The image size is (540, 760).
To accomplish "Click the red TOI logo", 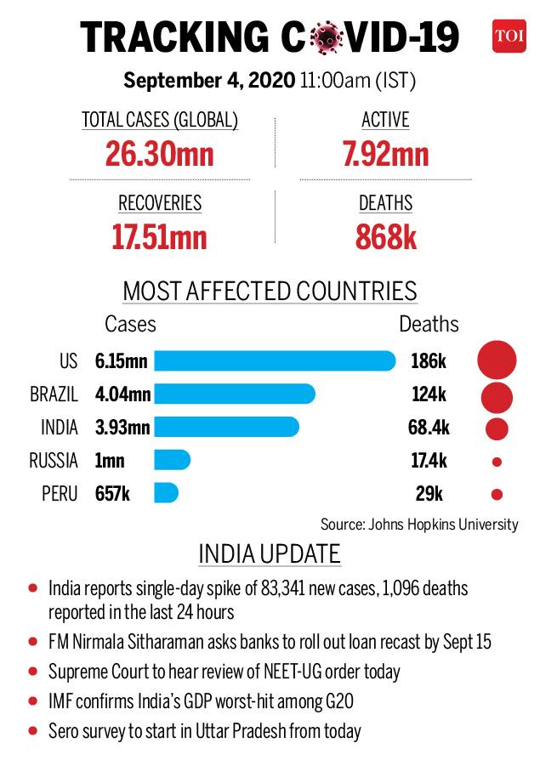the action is [509, 36].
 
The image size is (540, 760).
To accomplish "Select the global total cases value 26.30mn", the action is [160, 154].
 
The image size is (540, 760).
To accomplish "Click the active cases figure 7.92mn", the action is [386, 154].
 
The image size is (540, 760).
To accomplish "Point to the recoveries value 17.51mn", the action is [160, 237].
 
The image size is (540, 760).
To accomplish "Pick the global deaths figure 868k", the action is [386, 237].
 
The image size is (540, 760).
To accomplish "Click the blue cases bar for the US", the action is [275, 361].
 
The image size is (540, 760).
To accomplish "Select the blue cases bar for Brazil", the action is [235, 394].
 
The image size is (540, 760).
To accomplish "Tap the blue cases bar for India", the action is [226, 427].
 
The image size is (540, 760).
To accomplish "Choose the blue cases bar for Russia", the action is [172, 460].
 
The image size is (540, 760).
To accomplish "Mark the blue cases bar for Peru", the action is [167, 493].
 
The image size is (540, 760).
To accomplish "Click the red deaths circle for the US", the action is [497, 360].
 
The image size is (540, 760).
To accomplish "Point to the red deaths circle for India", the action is [497, 429].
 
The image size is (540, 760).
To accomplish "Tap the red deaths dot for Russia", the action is [497, 462].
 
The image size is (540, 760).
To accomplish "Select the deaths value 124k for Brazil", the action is [429, 394].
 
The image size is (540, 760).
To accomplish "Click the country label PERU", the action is [60, 493].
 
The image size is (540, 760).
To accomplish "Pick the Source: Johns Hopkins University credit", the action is [419, 525].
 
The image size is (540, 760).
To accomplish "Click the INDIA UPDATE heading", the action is [270, 554].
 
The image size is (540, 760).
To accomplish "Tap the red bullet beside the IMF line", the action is [33, 700].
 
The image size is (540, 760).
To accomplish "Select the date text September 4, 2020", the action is [209, 80].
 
